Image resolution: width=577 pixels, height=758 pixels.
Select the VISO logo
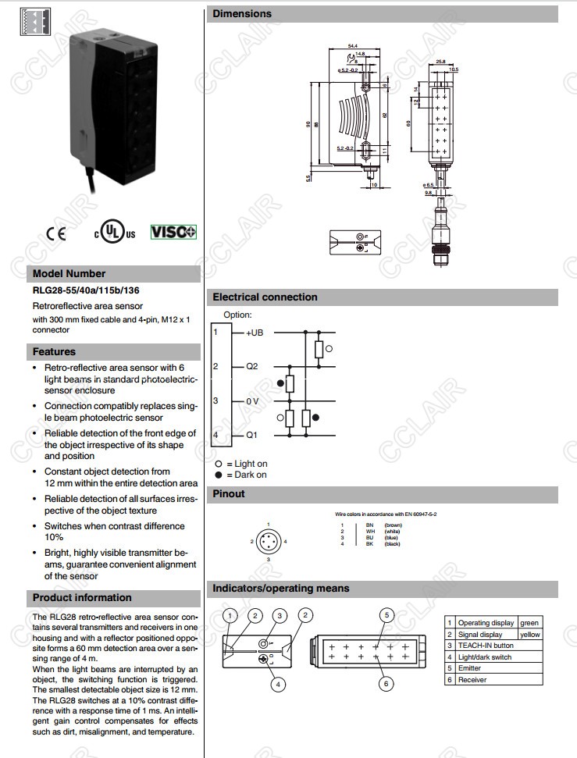click(x=173, y=232)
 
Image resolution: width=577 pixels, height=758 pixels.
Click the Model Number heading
click(x=69, y=274)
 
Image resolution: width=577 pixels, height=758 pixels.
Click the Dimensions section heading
click(x=242, y=13)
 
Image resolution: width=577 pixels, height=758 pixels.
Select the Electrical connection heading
click(x=265, y=297)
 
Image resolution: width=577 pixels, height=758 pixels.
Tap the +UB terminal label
click(x=255, y=333)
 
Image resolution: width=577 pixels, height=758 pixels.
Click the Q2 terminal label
click(x=251, y=366)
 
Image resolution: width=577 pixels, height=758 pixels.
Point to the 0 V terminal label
click(x=252, y=400)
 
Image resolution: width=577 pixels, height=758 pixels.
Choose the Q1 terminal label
click(x=251, y=435)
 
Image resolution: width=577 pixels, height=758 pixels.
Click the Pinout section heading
click(x=229, y=493)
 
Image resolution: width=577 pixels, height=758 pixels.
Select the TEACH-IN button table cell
click(x=486, y=646)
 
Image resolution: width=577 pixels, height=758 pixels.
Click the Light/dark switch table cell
click(x=485, y=657)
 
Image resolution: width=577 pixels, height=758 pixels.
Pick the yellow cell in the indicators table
click(x=531, y=634)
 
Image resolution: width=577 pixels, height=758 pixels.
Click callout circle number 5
click(x=386, y=615)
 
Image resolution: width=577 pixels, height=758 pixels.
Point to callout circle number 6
click(x=386, y=684)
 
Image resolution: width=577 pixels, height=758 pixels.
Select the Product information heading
click(x=82, y=598)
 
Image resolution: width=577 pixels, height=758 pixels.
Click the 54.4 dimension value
click(x=352, y=47)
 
